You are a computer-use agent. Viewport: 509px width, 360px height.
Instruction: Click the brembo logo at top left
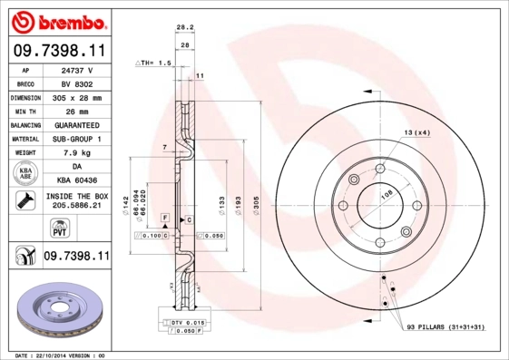coord(58,20)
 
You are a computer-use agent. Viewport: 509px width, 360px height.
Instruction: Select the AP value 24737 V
coord(78,69)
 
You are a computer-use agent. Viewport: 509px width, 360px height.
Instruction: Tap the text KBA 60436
coord(78,180)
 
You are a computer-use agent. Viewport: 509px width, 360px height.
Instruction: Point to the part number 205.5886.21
coord(78,206)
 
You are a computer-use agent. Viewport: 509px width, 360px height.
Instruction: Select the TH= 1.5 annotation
coord(154,63)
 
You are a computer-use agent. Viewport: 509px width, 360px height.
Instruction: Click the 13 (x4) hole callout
coord(416,132)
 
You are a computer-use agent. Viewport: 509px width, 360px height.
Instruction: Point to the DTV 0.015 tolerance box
coord(186,322)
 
